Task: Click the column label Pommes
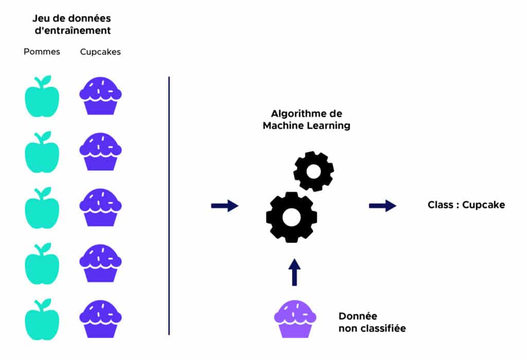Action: [x=42, y=52]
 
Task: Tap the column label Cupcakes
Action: [x=100, y=52]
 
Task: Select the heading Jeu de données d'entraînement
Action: [x=72, y=24]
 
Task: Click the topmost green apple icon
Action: [x=42, y=98]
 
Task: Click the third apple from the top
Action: [x=42, y=210]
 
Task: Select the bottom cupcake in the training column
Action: [x=100, y=319]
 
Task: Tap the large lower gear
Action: [x=291, y=217]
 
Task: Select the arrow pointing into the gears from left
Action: [x=224, y=206]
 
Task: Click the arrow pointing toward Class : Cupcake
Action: [x=382, y=206]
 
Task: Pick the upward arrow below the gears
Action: [x=294, y=272]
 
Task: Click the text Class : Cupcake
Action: [x=466, y=205]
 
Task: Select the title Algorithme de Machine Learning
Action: [x=306, y=119]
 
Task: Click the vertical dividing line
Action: [x=169, y=206]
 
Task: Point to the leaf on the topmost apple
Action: [x=46, y=80]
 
